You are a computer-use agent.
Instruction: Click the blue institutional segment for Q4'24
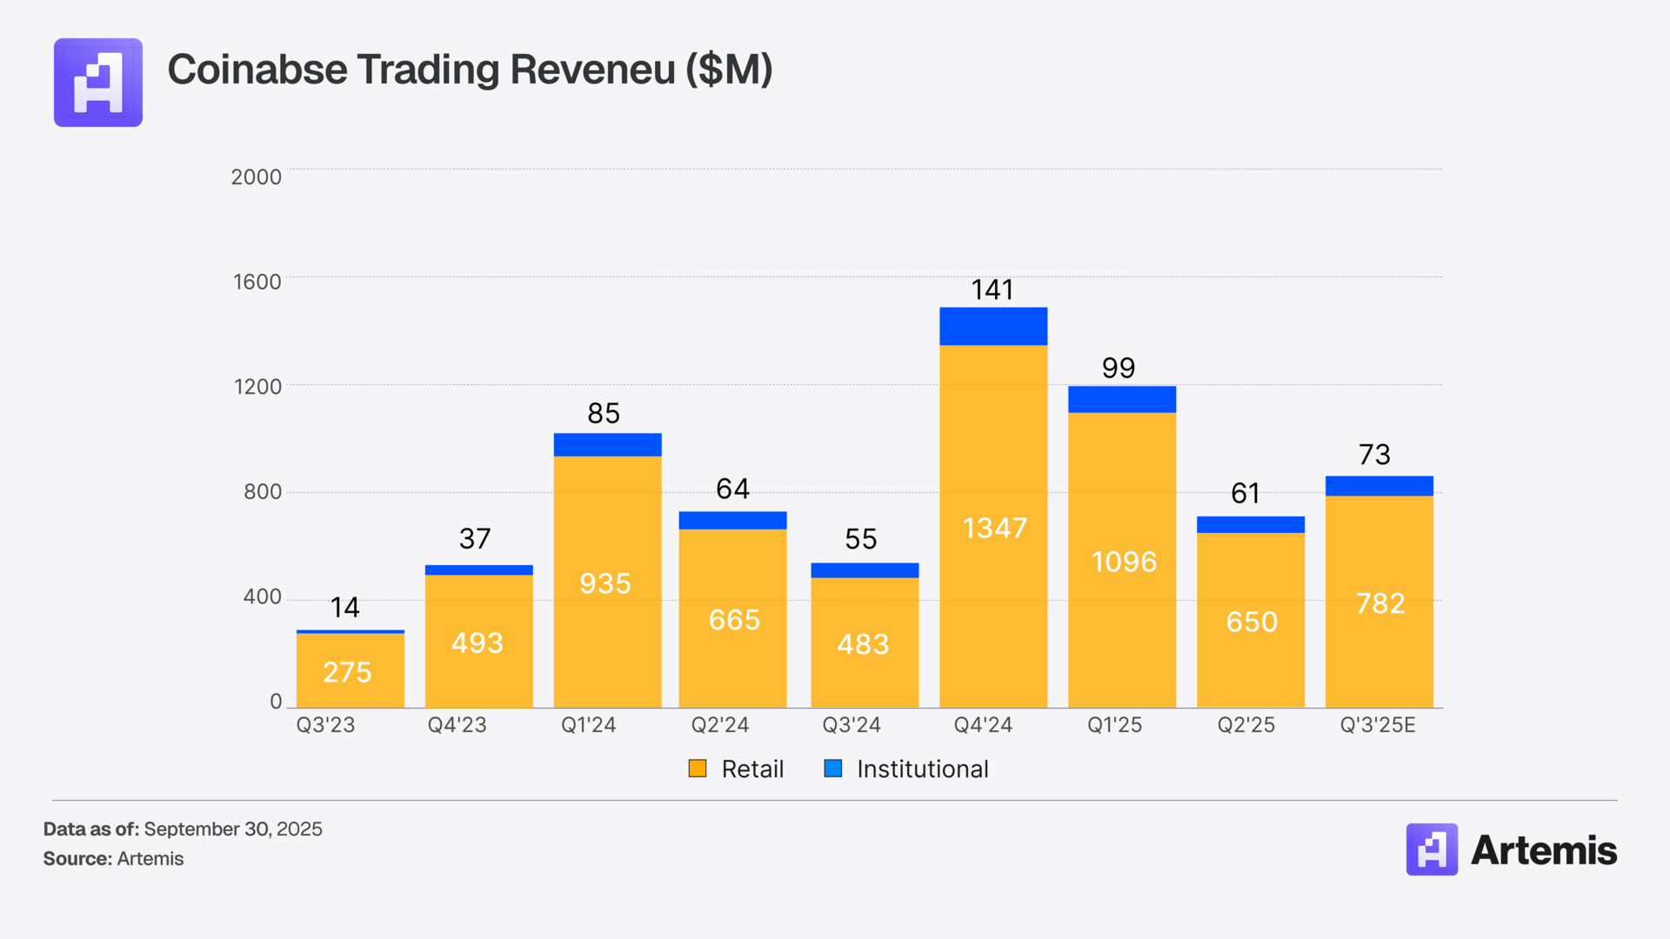[x=993, y=326]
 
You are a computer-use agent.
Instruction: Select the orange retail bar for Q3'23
[x=351, y=670]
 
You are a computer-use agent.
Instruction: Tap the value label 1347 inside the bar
[x=995, y=528]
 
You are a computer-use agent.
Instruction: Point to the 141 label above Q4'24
[x=992, y=290]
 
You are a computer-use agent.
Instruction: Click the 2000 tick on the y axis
[x=256, y=177]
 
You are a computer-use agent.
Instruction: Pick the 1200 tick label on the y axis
[x=257, y=387]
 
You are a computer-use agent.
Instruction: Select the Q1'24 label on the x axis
[x=588, y=725]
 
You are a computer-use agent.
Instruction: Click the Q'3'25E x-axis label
[x=1378, y=725]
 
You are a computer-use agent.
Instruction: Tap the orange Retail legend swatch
[x=698, y=769]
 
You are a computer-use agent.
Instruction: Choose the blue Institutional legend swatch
[x=833, y=769]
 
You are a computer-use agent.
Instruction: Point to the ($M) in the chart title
[x=729, y=70]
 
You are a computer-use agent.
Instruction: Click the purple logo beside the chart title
[x=98, y=83]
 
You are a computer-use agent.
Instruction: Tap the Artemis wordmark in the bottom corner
[x=1543, y=850]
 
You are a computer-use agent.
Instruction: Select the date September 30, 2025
[x=233, y=829]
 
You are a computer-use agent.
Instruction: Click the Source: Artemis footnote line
[x=114, y=859]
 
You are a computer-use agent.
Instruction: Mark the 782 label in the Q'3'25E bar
[x=1380, y=603]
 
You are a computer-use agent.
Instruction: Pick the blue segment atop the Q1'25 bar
[x=1122, y=399]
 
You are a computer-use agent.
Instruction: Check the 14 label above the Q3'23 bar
[x=345, y=607]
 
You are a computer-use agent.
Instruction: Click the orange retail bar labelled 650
[x=1251, y=621]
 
